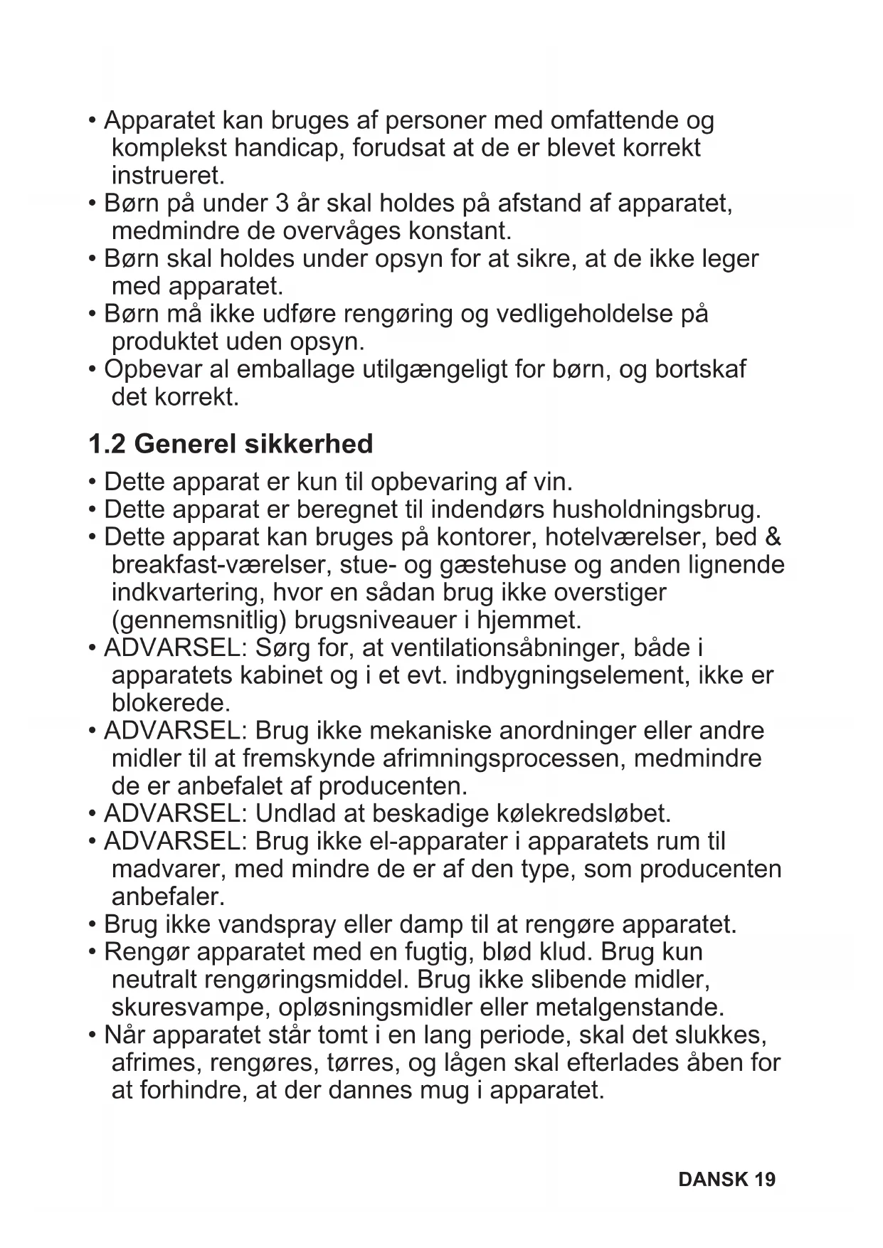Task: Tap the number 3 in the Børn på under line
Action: [x=281, y=203]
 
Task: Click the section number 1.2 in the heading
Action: [x=107, y=444]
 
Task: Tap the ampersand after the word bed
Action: [x=773, y=537]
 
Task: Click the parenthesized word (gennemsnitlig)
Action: [x=199, y=620]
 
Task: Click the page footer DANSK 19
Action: [x=726, y=1180]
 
